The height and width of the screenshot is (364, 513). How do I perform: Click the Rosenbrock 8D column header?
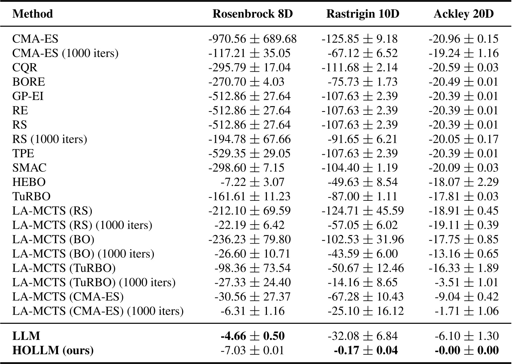[252, 14]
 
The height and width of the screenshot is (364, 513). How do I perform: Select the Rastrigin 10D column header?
[362, 14]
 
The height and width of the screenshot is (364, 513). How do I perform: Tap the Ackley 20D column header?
[464, 14]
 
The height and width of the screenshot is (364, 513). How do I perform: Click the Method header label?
[33, 14]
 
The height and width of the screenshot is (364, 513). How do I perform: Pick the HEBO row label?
[29, 182]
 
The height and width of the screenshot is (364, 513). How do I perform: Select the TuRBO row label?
[31, 196]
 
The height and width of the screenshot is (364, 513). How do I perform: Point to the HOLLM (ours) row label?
[53, 350]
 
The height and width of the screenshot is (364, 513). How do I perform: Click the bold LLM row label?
[26, 336]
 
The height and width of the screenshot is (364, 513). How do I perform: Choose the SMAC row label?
[29, 168]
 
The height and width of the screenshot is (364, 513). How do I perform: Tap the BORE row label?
[29, 82]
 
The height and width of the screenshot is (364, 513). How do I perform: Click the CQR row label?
[25, 68]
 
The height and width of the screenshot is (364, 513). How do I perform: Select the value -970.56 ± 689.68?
[252, 39]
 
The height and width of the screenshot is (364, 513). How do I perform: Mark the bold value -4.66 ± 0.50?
[252, 336]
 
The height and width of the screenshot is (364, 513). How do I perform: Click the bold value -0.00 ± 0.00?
[467, 350]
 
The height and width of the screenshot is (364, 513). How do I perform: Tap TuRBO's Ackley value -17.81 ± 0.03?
[464, 196]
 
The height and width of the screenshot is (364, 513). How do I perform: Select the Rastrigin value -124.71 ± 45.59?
[362, 211]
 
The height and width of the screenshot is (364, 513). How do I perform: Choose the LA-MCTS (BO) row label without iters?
[53, 239]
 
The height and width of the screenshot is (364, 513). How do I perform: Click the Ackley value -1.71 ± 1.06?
[467, 311]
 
